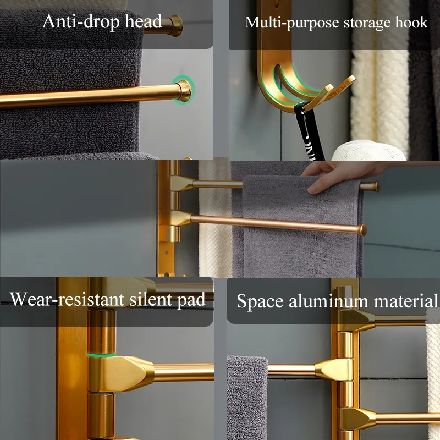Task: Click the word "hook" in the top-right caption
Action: coord(411,23)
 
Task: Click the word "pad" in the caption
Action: coord(193,300)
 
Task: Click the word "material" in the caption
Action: coord(408,301)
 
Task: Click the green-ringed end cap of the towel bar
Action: coord(183,89)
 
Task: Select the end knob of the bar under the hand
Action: coord(375,186)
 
